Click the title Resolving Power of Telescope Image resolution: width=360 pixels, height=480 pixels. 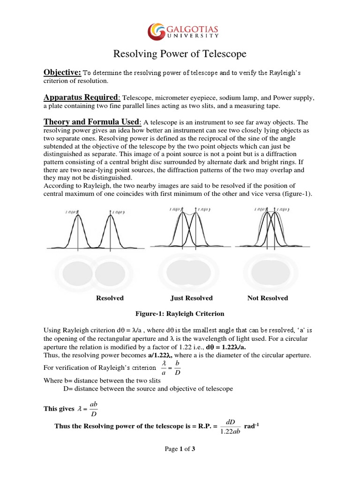(180, 54)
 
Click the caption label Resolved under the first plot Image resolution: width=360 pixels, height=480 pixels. (110, 298)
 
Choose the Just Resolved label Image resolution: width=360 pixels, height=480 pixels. (191, 298)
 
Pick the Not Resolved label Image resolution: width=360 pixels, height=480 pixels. (268, 298)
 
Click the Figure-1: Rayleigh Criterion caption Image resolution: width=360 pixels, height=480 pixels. (180, 314)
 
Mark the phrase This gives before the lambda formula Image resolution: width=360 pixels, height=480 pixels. (59, 409)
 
